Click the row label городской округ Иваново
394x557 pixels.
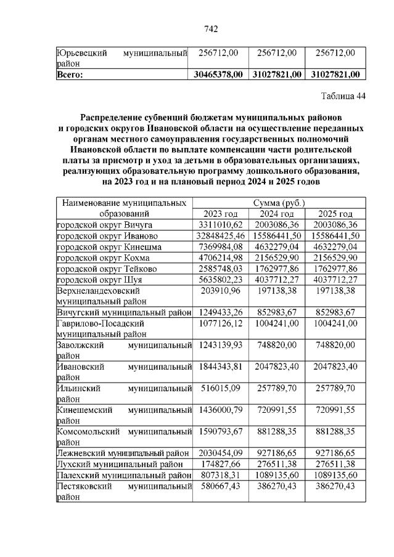click(107, 236)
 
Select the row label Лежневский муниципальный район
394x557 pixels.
click(123, 452)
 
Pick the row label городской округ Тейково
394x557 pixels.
click(106, 269)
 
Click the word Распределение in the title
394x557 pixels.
click(112, 116)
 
